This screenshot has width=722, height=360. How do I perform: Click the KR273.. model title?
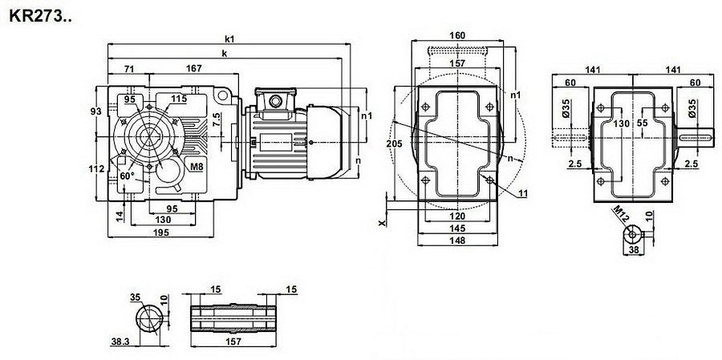pos(40,17)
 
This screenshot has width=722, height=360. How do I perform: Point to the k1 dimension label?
pos(229,39)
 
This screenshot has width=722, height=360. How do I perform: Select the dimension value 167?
pos(194,68)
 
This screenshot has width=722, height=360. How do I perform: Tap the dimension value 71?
pos(129,69)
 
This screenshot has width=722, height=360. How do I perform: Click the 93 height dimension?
pos(95,111)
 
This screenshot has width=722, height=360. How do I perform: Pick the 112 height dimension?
pos(96,169)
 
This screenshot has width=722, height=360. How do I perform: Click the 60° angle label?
pos(127,176)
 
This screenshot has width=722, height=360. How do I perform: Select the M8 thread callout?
pos(197,167)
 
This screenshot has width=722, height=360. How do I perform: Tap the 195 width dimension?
pos(160,232)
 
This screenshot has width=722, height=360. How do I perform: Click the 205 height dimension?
pos(395,144)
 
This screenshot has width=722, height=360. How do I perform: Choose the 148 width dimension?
pos(457,241)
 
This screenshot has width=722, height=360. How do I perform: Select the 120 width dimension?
pos(457,216)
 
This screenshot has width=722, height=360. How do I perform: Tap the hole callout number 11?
pos(522,194)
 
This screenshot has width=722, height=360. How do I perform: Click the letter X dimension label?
pos(382,223)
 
